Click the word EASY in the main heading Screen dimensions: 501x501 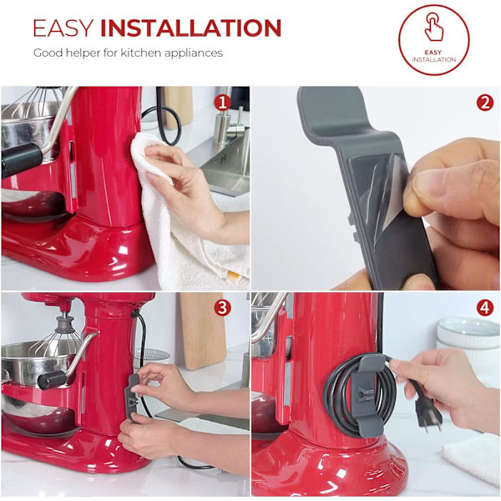pos(63,28)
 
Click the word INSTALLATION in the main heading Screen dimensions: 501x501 pos(190,28)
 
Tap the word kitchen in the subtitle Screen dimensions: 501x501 pos(140,53)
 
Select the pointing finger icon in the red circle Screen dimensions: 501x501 pos(434,27)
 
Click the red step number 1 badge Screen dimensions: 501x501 pos(222,104)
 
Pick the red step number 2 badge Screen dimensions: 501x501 pos(484,103)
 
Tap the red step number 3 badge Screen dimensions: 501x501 pos(222,308)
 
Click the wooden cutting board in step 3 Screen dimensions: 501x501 pos(201,331)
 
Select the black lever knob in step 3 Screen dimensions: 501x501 pos(52,380)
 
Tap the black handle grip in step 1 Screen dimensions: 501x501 pos(21,159)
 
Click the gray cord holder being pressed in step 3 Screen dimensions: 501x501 pos(134,397)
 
